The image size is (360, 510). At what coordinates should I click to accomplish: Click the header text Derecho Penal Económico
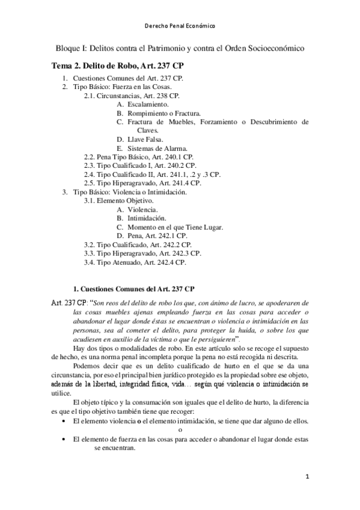pyautogui.click(x=180, y=26)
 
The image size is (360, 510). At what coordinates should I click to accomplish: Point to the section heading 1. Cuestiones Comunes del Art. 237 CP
pyautogui.click(x=133, y=288)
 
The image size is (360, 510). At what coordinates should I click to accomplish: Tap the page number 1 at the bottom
pyautogui.click(x=307, y=477)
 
